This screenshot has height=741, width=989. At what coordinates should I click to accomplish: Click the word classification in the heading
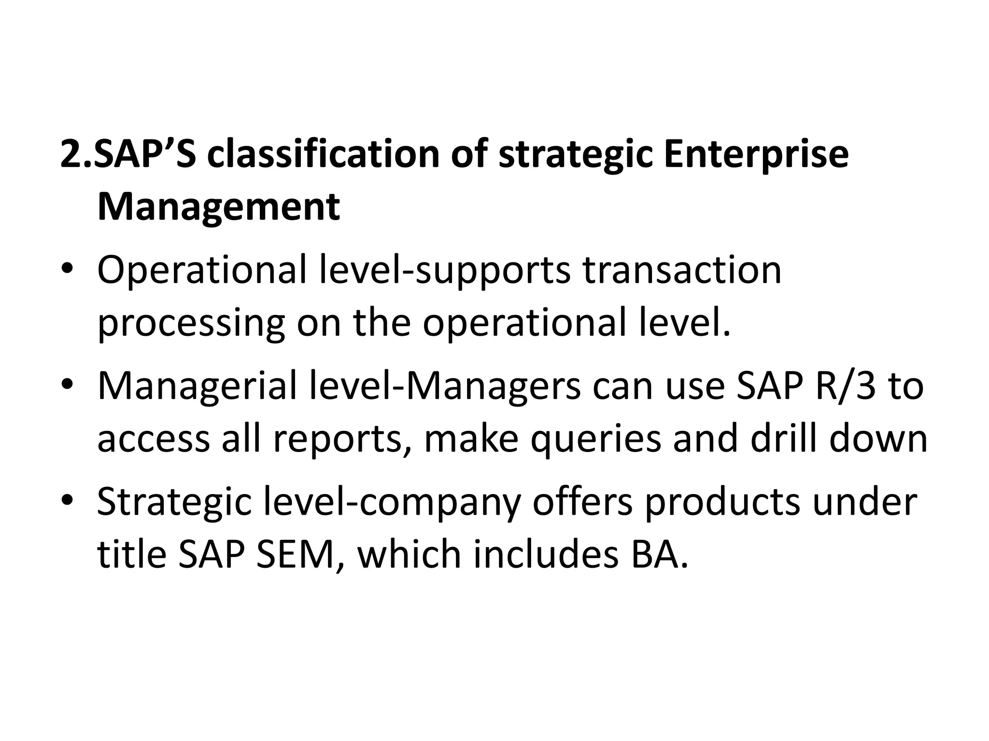[323, 154]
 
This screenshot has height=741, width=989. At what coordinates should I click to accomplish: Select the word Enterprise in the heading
[756, 154]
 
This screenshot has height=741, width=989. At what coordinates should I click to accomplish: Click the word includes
[546, 555]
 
